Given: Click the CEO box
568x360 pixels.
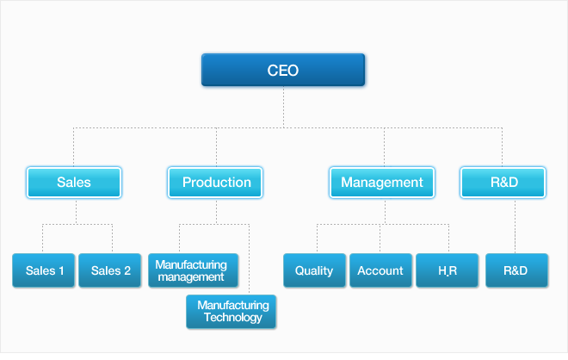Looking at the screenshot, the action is pyautogui.click(x=283, y=70).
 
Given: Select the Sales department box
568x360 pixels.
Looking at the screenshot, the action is pyautogui.click(x=74, y=183).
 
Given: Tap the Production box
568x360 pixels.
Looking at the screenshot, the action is pyautogui.click(x=215, y=183).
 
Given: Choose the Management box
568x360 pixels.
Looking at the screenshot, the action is pyautogui.click(x=382, y=183).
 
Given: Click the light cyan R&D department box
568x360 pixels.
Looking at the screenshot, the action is pyautogui.click(x=503, y=183).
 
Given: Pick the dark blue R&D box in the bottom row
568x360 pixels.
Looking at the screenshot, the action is pyautogui.click(x=516, y=270).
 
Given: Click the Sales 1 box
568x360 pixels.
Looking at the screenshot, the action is pyautogui.click(x=44, y=270).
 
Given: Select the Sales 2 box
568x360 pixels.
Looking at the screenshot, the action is pyautogui.click(x=110, y=270).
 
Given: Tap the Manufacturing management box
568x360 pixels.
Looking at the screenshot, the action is pyautogui.click(x=193, y=270).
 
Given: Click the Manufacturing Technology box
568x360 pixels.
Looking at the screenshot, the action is pyautogui.click(x=232, y=312).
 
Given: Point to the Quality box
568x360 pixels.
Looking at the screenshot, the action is pyautogui.click(x=314, y=270).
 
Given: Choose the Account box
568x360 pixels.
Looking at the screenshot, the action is pyautogui.click(x=380, y=270).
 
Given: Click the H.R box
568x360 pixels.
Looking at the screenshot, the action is pyautogui.click(x=447, y=270).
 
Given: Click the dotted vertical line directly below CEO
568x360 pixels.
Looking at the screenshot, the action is pyautogui.click(x=283, y=107).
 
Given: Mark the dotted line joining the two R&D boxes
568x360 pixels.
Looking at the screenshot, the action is pyautogui.click(x=515, y=226).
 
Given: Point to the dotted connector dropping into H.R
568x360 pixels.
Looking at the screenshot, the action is pyautogui.click(x=449, y=239).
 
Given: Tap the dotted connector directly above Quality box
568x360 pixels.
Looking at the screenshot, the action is pyautogui.click(x=317, y=239).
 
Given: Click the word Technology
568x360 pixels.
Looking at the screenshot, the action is pyautogui.click(x=233, y=318).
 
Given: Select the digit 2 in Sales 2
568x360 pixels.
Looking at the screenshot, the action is pyautogui.click(x=127, y=270).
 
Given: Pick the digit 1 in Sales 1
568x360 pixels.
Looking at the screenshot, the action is pyautogui.click(x=61, y=270).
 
